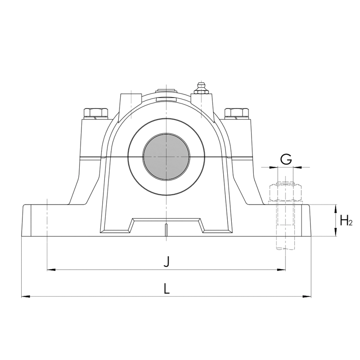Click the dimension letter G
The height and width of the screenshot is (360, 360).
pos(286,159)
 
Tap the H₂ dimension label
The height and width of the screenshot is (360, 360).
pos(346,221)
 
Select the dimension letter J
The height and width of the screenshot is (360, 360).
pos(166,262)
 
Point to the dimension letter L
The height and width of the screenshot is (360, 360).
pos(166,288)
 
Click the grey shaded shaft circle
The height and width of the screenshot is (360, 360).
pos(166,157)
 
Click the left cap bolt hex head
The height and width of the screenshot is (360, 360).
pos(96,112)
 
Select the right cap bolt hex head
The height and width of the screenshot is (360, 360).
pos(237,112)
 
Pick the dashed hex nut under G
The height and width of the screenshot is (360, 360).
pos(285,192)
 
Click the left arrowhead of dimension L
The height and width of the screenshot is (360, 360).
pos(26,297)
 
